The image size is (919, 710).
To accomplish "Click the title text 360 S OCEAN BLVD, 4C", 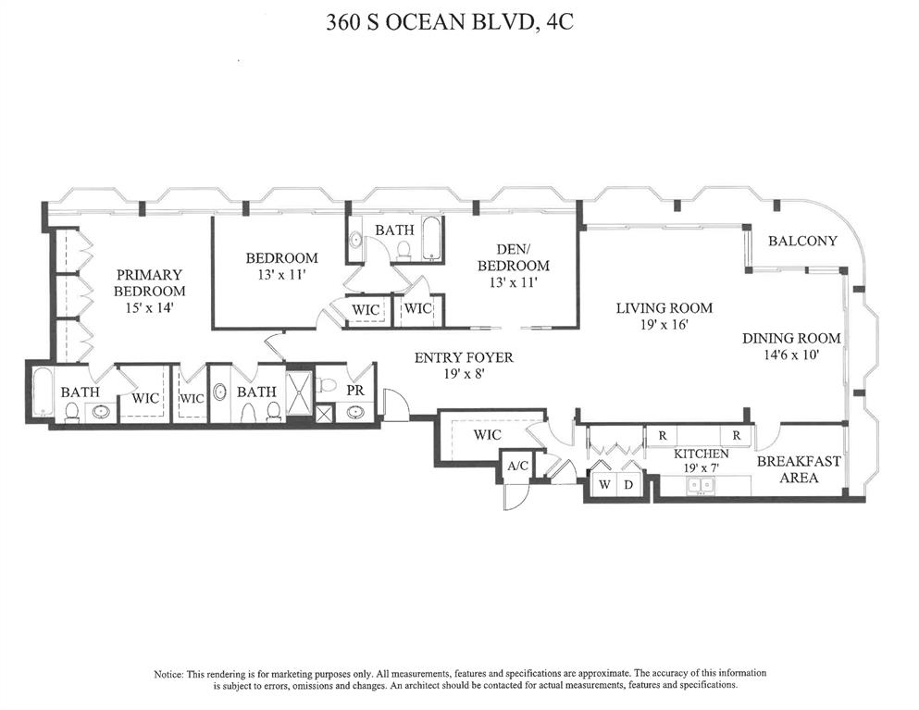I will [450, 23].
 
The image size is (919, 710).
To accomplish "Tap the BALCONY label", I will [802, 241].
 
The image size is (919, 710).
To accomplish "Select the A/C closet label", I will [517, 466].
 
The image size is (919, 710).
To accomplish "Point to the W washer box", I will [604, 484].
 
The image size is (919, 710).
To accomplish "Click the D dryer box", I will [629, 484].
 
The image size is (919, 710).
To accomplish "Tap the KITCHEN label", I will [702, 454].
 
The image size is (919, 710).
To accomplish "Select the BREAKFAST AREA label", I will [799, 469].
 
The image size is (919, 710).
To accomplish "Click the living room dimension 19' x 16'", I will [664, 325].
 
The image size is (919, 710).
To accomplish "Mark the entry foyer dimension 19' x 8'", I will [463, 374].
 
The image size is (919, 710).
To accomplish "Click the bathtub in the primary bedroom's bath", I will [42, 392].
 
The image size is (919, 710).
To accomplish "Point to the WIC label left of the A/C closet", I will [487, 434].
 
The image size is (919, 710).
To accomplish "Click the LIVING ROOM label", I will [664, 308].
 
